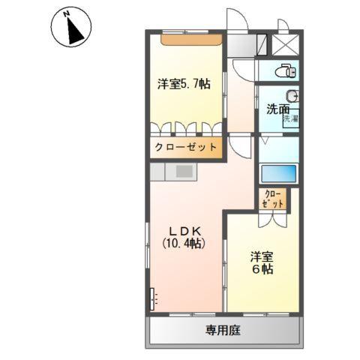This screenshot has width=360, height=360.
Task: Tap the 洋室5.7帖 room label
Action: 184,84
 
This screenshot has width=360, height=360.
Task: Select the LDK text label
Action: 184,229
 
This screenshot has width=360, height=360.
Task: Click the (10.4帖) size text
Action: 184,243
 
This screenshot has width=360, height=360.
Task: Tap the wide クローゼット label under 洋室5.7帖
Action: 186,147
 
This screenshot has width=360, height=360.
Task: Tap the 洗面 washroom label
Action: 276,109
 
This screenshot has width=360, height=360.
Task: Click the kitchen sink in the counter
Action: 184,171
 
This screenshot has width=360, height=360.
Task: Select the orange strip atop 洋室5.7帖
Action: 191,38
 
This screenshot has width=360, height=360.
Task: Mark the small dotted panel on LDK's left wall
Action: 153,298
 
